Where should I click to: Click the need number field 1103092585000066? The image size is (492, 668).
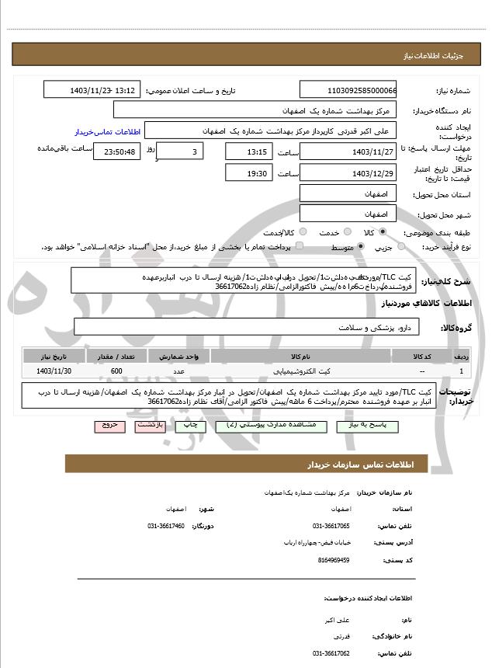coord(347,90)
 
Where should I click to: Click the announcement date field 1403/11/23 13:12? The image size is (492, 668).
coord(92,90)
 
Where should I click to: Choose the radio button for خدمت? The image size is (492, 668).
coord(346,232)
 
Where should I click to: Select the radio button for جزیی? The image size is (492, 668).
coord(401,247)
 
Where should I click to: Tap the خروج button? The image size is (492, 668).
coord(106,426)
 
